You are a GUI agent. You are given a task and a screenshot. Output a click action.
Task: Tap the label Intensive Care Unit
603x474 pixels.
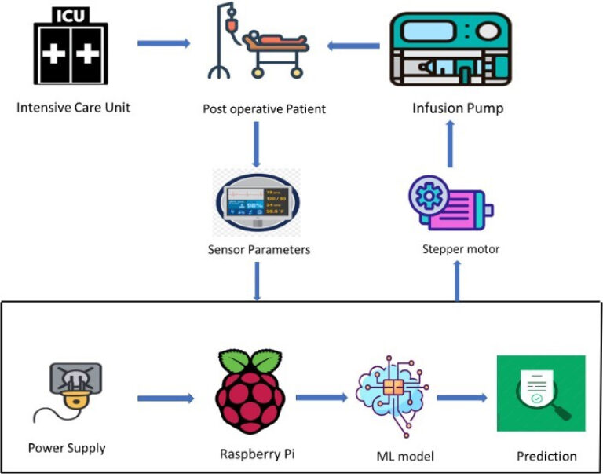click(x=73, y=107)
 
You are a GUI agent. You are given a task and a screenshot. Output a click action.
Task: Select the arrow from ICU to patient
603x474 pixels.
click(x=163, y=42)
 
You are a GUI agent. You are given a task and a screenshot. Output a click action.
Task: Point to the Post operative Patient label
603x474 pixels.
click(x=263, y=108)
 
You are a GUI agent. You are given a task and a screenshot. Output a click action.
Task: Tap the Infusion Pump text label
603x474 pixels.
click(x=458, y=108)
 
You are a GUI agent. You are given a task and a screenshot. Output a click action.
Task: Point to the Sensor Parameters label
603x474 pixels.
click(x=259, y=250)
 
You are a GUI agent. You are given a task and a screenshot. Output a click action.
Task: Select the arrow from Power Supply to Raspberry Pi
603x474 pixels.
click(x=165, y=399)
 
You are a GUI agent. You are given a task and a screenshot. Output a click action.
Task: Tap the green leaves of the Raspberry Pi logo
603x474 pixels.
click(x=250, y=362)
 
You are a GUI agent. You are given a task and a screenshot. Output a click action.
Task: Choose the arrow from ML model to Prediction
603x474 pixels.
click(x=463, y=398)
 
